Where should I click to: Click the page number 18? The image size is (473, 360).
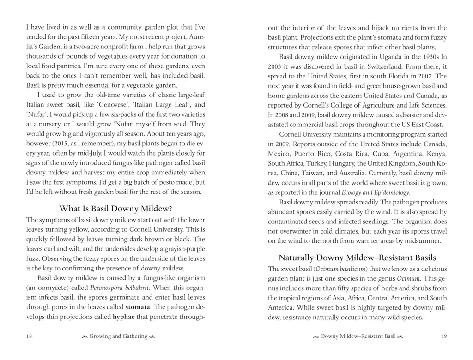(29, 336)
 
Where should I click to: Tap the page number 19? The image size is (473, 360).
(443, 336)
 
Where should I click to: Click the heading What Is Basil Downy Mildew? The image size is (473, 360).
(116, 208)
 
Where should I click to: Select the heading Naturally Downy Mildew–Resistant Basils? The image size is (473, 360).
(358, 258)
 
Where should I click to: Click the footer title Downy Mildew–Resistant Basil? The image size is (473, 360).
(358, 336)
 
